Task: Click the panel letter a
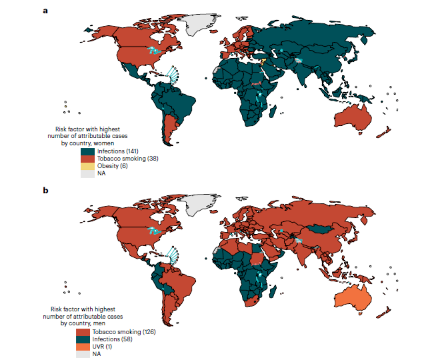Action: pyautogui.click(x=46, y=11)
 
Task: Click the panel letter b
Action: pyautogui.click(x=46, y=190)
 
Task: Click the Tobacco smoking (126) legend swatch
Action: pyautogui.click(x=82, y=332)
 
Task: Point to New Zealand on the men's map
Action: pyautogui.click(x=385, y=313)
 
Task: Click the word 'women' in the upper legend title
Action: pyautogui.click(x=109, y=143)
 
